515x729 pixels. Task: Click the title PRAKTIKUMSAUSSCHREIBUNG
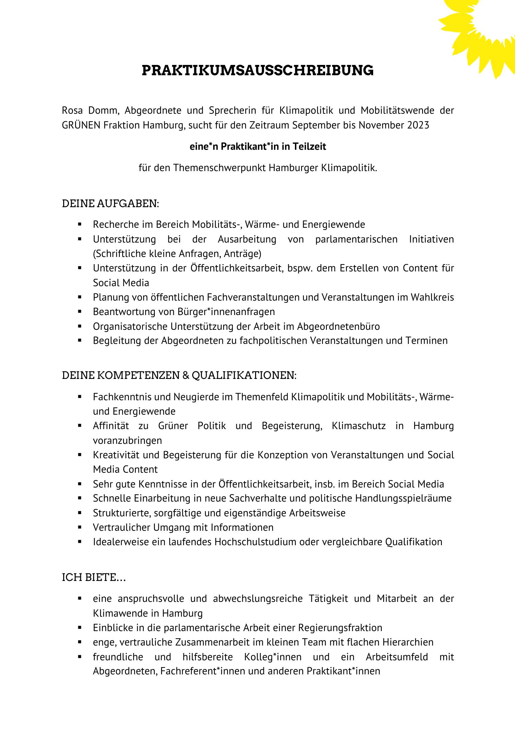click(x=257, y=70)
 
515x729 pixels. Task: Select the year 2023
click(x=418, y=125)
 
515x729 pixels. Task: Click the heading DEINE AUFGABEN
click(x=110, y=204)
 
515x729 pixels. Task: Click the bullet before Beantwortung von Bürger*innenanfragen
click(x=80, y=312)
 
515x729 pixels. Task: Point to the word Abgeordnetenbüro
click(x=338, y=326)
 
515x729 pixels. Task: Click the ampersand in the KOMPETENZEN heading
click(x=185, y=375)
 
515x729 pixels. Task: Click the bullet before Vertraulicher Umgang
click(x=80, y=527)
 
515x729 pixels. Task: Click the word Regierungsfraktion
click(x=340, y=628)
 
